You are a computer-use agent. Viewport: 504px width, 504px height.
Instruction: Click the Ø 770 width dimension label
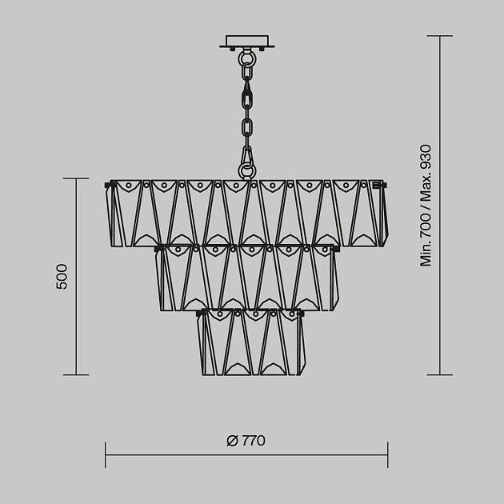coord(246,441)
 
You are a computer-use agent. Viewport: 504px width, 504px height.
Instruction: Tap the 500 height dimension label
coord(62,276)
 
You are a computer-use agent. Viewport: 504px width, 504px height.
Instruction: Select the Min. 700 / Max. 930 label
coord(426,206)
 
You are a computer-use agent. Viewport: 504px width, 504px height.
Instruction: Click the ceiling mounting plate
coord(249,41)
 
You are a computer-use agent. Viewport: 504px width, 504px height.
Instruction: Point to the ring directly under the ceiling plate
coord(248,58)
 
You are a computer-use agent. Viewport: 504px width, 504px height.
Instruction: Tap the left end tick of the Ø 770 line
coord(106,454)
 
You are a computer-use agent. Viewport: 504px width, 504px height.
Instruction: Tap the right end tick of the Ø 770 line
coord(388,454)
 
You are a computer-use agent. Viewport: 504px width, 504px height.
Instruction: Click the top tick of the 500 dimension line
coord(75,179)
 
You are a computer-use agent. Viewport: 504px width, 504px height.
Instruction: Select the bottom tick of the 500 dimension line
coord(75,374)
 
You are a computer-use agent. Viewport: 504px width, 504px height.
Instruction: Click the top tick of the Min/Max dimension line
coord(439,36)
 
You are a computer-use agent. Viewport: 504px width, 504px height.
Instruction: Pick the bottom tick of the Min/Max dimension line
coord(439,374)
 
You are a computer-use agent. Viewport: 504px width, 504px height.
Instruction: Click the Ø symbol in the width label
coord(232,441)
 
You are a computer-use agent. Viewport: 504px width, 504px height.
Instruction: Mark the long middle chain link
coord(248,98)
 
